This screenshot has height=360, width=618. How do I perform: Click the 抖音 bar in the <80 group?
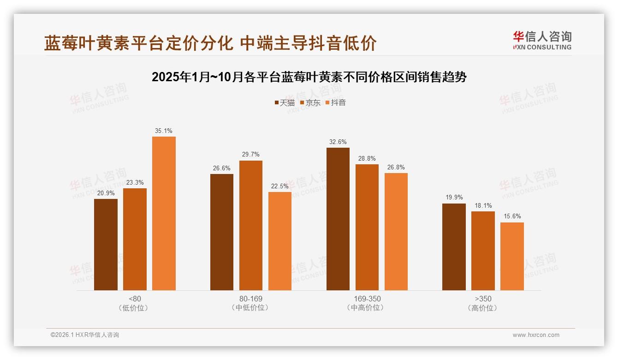(164, 213)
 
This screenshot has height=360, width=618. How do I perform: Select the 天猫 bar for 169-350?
(338, 219)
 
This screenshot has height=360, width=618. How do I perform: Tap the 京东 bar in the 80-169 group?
(250, 225)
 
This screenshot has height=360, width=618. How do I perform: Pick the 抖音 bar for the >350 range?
(512, 256)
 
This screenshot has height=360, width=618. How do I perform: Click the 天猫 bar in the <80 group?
(106, 245)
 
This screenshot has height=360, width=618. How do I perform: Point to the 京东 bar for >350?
(483, 251)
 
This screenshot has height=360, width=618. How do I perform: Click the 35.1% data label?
(164, 131)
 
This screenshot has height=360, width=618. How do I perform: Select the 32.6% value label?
(338, 142)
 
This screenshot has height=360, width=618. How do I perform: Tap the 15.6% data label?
(512, 216)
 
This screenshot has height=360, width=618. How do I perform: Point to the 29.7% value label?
(250, 154)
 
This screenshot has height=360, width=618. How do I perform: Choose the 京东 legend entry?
(310, 102)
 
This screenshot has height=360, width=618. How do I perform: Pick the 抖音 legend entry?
(336, 102)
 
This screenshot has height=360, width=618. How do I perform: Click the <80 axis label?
(135, 299)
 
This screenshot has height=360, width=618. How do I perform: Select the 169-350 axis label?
(367, 299)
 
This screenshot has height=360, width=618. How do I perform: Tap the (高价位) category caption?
(483, 308)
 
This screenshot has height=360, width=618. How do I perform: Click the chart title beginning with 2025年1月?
(309, 77)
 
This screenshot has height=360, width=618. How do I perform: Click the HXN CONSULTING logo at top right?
(542, 40)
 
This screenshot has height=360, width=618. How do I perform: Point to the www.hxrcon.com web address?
(536, 335)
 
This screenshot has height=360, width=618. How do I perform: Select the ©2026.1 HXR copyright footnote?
(85, 335)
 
